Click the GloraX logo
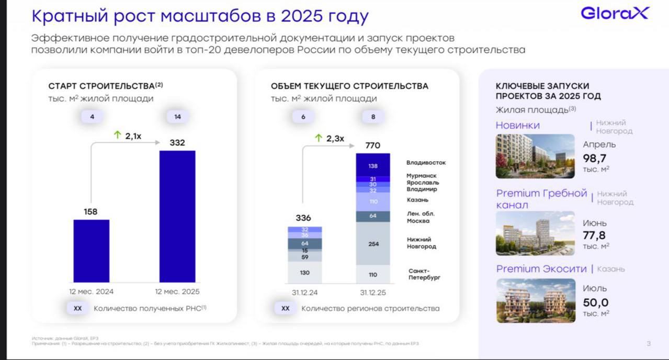click(614, 13)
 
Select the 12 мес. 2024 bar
click(91, 251)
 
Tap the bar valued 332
click(177, 217)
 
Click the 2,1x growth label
click(128, 136)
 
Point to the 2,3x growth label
click(330, 138)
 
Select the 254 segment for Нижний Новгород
click(373, 243)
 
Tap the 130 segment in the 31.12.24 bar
click(304, 273)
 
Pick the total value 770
click(373, 145)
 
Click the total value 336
click(303, 218)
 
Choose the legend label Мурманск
click(422, 176)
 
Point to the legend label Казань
click(417, 200)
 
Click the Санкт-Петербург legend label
click(424, 274)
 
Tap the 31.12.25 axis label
click(373, 292)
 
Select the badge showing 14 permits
click(177, 117)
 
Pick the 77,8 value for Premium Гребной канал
click(595, 235)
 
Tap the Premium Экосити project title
click(541, 269)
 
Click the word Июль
click(595, 288)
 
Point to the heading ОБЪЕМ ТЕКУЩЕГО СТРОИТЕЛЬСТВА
click(349, 86)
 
